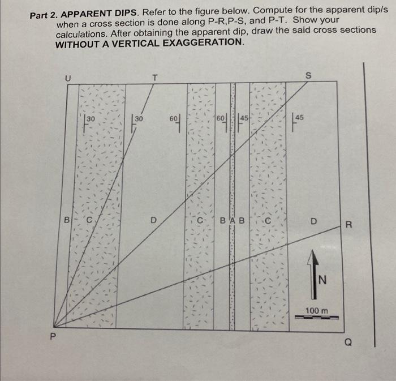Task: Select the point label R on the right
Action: (349, 225)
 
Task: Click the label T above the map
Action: (155, 77)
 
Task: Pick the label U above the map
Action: (68, 79)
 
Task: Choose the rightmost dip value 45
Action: (299, 118)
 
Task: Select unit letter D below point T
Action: (153, 220)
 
